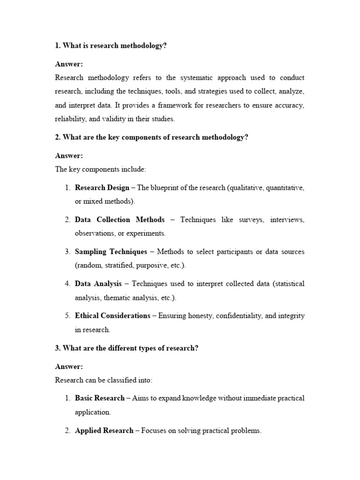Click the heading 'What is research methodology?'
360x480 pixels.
[111, 45]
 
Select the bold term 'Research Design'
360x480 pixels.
[102, 187]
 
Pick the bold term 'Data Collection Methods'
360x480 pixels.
[120, 219]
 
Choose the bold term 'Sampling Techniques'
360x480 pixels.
[111, 252]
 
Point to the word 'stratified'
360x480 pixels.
[117, 265]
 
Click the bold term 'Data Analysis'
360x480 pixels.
[98, 284]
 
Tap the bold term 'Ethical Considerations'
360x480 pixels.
[112, 315]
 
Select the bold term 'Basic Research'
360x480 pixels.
[99, 398]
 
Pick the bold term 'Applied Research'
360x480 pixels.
[104, 430]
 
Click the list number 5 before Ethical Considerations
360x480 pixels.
[67, 315]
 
